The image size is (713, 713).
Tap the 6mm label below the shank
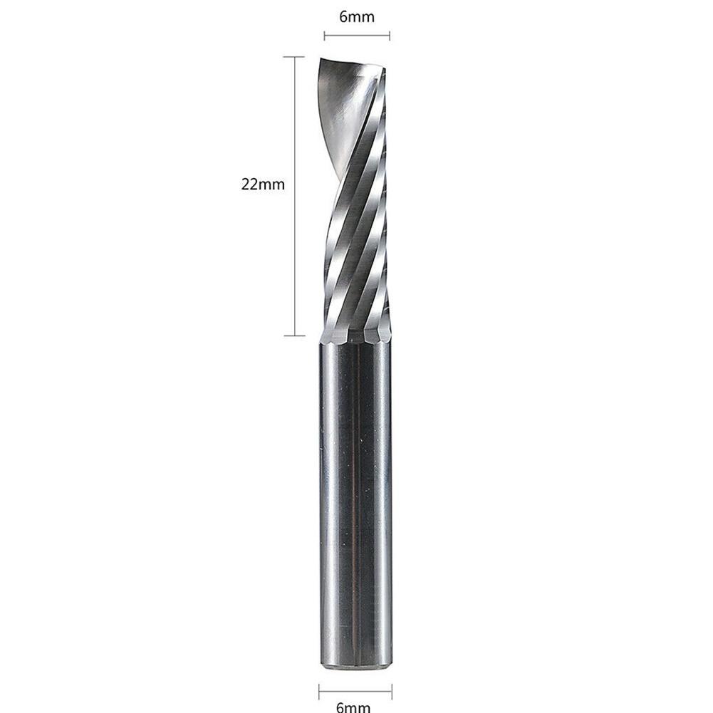[355, 707]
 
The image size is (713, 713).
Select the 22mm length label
[263, 184]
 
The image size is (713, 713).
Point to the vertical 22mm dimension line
[294, 249]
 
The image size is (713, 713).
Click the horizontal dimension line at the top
[356, 36]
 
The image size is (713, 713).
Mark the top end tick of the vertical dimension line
[294, 57]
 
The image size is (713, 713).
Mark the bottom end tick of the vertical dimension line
[294, 335]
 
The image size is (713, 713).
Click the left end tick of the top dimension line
[324, 36]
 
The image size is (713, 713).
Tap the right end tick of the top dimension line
[390, 36]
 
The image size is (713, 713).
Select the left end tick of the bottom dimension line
[319, 689]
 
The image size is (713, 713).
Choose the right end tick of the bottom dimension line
[392, 689]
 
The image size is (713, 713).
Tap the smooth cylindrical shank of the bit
[355, 499]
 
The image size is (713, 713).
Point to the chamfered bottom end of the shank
[355, 666]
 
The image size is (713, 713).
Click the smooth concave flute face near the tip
[342, 107]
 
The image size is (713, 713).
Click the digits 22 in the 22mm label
[251, 184]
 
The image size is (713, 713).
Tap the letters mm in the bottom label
[360, 707]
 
